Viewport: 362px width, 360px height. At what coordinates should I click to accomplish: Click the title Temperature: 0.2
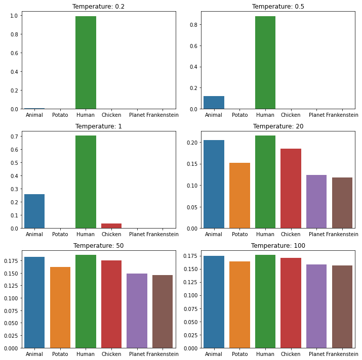(98, 7)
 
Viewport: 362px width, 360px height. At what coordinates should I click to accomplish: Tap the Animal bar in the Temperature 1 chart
(34, 211)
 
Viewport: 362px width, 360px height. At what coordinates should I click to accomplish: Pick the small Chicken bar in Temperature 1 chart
(111, 226)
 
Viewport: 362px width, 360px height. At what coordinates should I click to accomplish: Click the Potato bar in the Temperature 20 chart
(239, 196)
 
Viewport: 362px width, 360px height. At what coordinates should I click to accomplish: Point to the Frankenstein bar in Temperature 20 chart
(342, 203)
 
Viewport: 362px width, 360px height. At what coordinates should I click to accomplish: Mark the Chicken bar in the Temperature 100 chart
(291, 303)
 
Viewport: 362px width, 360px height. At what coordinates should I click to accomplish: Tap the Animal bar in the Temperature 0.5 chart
(214, 103)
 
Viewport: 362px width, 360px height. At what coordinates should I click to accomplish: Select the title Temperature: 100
(278, 246)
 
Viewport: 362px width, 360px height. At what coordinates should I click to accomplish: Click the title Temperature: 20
(278, 126)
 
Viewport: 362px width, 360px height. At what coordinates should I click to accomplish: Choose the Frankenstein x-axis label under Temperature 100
(342, 354)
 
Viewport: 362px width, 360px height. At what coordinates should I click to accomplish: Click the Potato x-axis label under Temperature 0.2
(60, 115)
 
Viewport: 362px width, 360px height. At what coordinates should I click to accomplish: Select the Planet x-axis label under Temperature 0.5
(316, 115)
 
